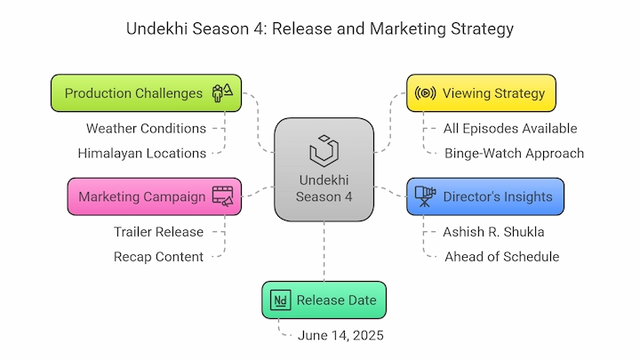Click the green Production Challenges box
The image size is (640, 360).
point(146,93)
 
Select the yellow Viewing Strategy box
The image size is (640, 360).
point(481,93)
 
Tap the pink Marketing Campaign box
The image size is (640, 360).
point(155,196)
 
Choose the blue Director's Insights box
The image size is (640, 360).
point(485,196)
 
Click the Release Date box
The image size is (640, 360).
point(324,300)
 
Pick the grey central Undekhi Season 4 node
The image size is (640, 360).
point(324,170)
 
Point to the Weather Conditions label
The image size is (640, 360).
point(146,129)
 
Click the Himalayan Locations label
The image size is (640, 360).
point(142,154)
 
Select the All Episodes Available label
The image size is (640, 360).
point(510,129)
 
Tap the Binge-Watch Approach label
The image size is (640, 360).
point(515,154)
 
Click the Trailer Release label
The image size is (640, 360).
point(158,232)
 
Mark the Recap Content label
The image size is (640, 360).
point(158,257)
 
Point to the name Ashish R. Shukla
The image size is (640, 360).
point(493,232)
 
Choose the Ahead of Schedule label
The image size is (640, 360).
point(502,257)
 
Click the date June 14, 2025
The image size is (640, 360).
point(340,335)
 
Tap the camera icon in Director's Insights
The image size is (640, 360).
point(425,196)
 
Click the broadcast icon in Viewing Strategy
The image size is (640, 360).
point(425,93)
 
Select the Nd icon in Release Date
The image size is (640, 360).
point(280,300)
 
